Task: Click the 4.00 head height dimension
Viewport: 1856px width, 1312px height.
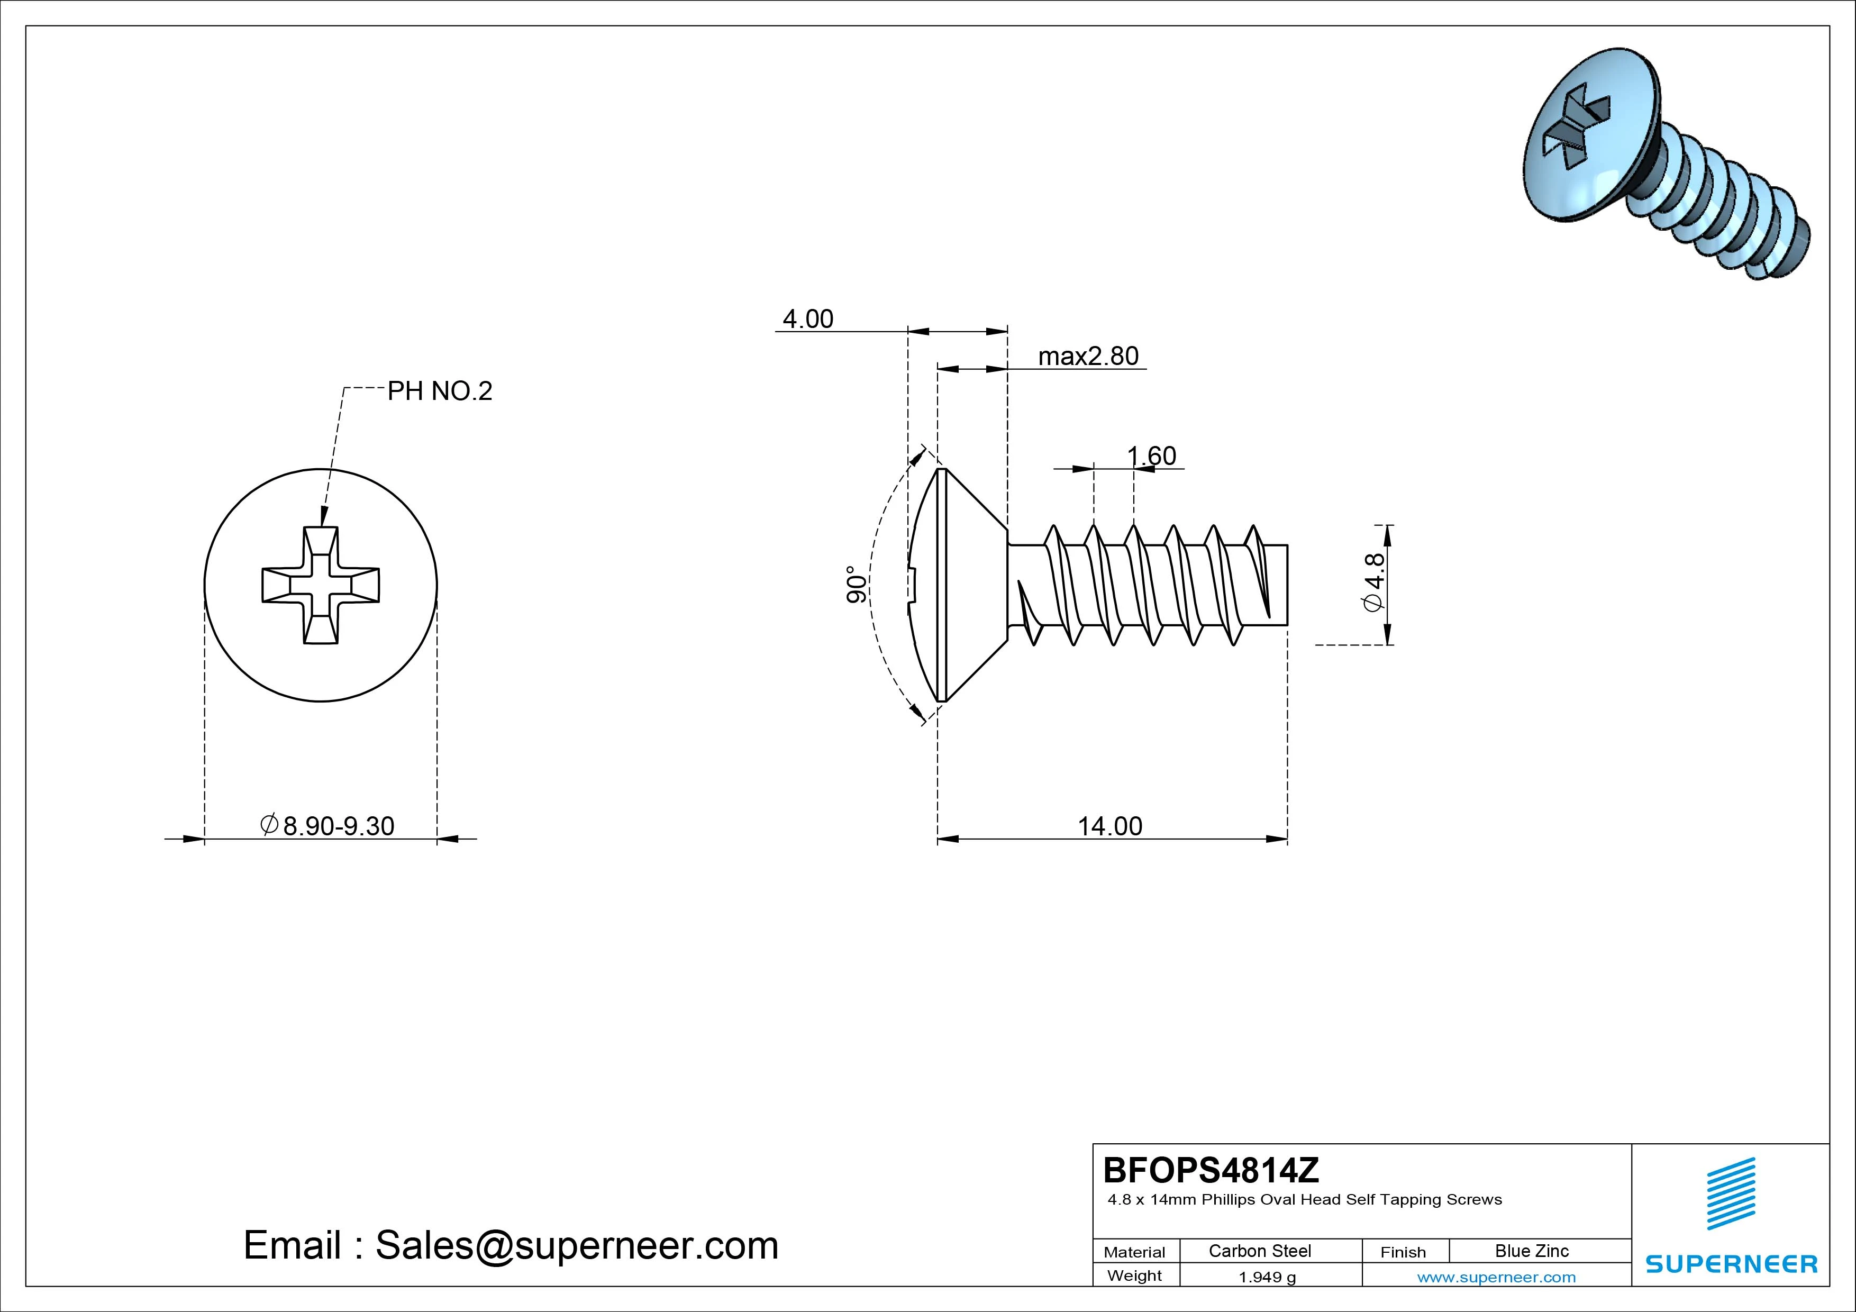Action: tap(807, 320)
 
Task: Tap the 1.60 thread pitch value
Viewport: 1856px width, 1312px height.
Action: tap(1151, 456)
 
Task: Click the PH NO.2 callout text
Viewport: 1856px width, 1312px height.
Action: tap(439, 391)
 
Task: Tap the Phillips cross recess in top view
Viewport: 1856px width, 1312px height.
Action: tap(321, 585)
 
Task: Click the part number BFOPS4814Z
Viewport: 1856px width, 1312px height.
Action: tap(1210, 1170)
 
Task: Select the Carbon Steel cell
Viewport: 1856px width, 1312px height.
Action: tap(1259, 1251)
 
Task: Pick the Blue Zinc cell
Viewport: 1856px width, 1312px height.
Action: tap(1531, 1251)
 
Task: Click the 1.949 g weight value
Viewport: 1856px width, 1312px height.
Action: tap(1267, 1277)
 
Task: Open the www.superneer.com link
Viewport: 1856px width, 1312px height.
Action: tap(1496, 1277)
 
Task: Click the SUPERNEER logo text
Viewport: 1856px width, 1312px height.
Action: tap(1731, 1263)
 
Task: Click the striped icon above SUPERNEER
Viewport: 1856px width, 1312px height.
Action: tap(1730, 1193)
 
